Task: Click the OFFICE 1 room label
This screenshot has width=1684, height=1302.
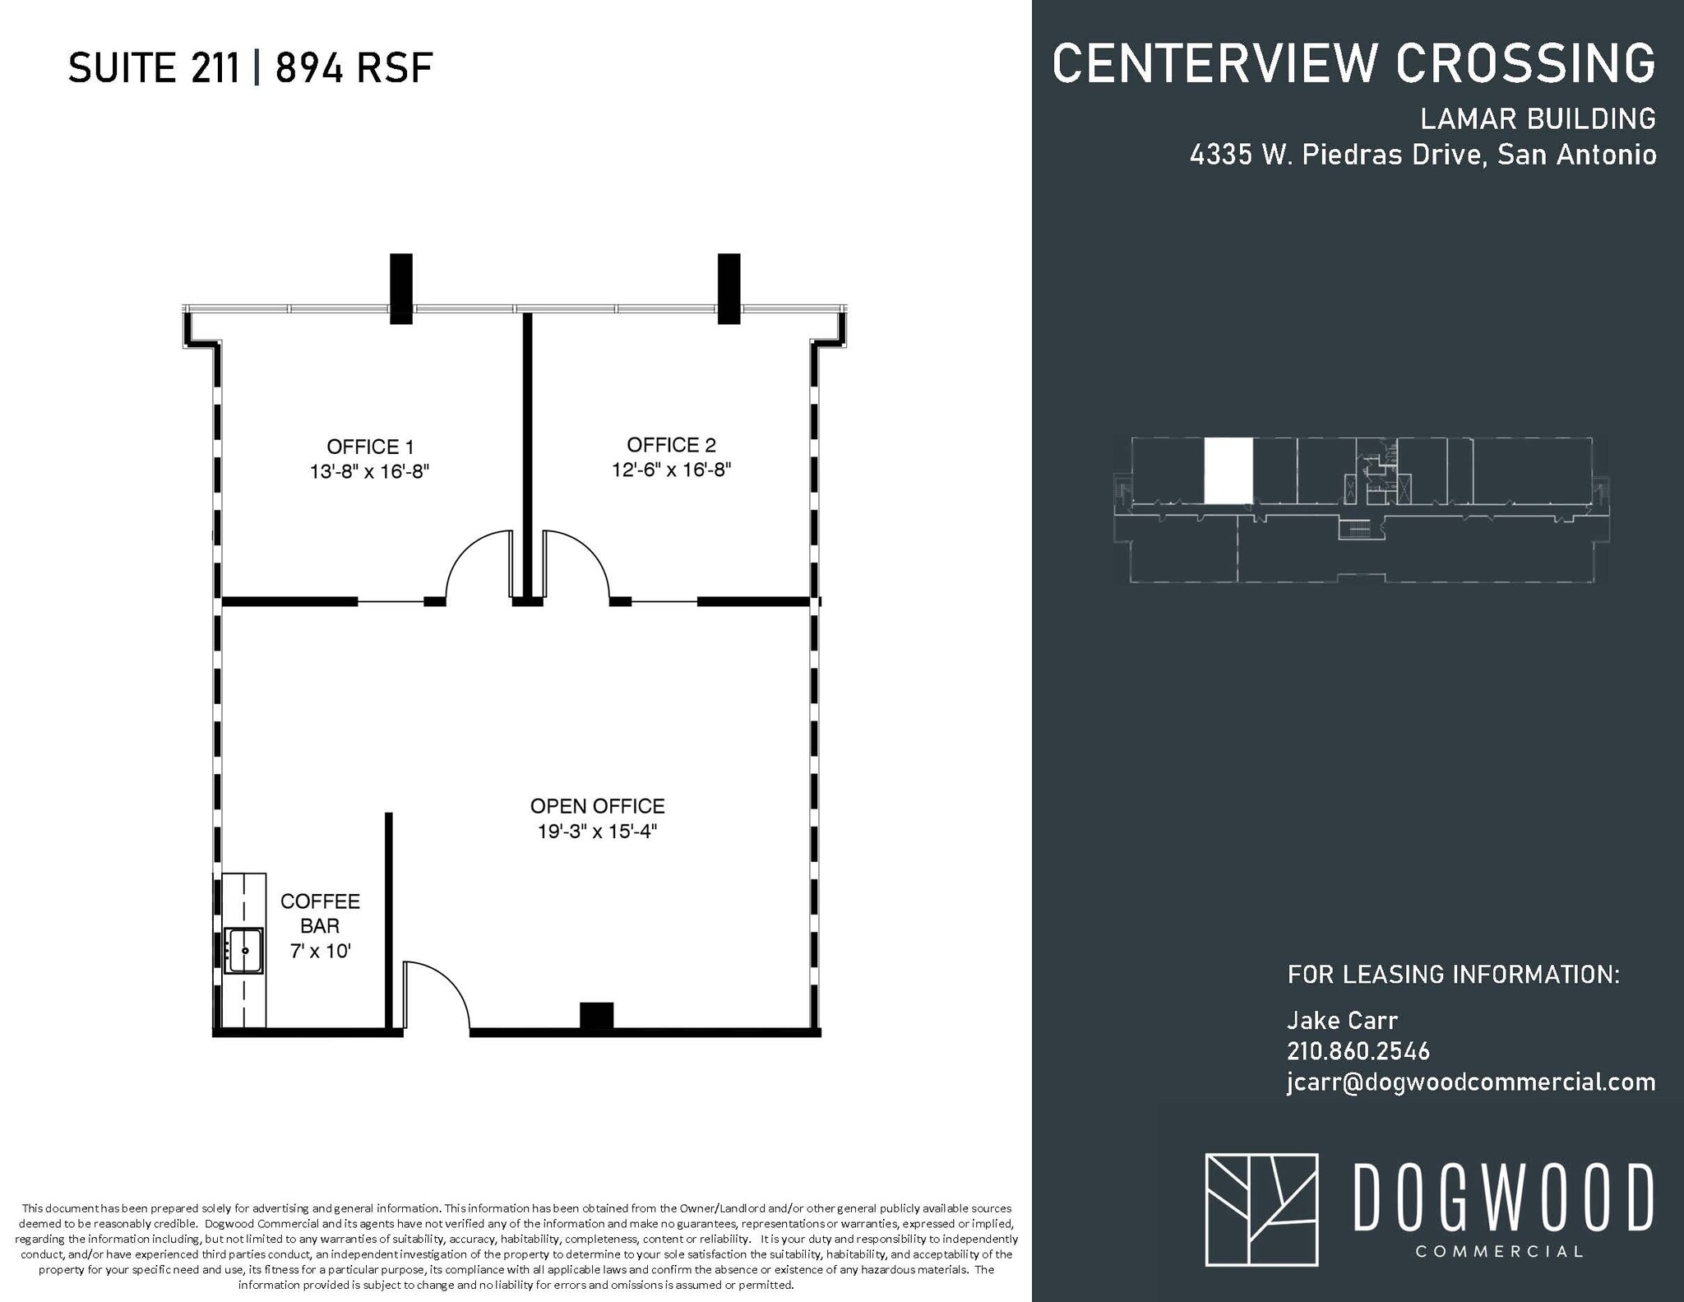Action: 370,447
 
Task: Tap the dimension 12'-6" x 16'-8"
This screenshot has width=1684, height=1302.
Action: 671,470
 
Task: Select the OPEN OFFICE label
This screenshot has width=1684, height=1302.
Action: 597,806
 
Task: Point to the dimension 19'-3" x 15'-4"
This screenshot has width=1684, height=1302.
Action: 597,832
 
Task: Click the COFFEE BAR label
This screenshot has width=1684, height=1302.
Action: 320,913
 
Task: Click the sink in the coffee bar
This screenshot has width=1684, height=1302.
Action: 244,950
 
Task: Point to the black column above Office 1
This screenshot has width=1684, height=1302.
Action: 400,288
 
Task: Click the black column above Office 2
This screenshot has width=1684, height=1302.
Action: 729,288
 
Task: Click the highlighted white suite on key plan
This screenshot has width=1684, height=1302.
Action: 1228,470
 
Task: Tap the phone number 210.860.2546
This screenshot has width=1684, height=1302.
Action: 1358,1051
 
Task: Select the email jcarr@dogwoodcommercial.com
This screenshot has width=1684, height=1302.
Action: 1470,1082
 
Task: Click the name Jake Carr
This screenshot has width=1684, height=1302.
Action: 1341,1021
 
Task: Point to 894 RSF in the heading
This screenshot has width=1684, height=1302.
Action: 354,67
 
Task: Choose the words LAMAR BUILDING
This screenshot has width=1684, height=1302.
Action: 1538,119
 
